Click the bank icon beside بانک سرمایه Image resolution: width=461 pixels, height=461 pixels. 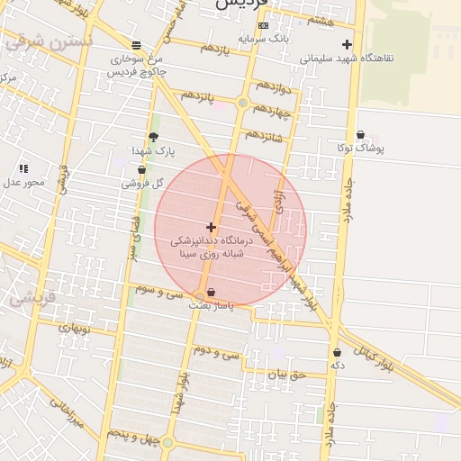coord(262,25)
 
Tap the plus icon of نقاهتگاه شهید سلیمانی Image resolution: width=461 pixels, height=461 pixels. coord(347,44)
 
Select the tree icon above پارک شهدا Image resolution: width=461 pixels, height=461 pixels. coord(153,137)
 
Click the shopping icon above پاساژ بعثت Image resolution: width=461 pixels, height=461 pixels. coord(211,292)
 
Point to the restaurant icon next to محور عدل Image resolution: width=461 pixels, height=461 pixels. coord(23,168)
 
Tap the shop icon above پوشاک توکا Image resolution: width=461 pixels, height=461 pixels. coord(360,134)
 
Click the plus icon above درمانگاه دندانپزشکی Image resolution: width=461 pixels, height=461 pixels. coord(211,227)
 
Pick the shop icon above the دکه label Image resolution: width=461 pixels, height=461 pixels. coord(337,352)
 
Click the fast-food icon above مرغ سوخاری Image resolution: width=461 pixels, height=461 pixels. coord(136,45)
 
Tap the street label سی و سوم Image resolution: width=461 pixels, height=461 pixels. coord(158,291)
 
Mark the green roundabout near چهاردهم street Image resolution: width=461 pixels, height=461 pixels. coord(242,104)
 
